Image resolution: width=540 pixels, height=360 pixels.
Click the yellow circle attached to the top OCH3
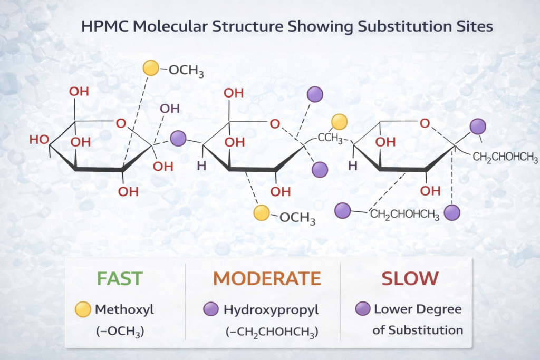pyautogui.click(x=151, y=67)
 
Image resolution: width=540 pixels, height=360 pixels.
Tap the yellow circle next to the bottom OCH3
pyautogui.click(x=262, y=212)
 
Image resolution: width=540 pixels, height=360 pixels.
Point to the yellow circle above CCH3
pyautogui.click(x=340, y=122)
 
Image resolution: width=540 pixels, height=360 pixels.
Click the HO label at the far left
pyautogui.click(x=39, y=140)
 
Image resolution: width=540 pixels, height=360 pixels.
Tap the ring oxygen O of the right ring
pyautogui.click(x=425, y=123)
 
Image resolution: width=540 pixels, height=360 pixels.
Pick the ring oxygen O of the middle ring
pyautogui.click(x=274, y=124)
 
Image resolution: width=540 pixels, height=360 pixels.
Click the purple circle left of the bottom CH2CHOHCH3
pyautogui.click(x=343, y=211)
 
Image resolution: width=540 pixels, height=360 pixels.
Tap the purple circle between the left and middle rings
pyautogui.click(x=178, y=138)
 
